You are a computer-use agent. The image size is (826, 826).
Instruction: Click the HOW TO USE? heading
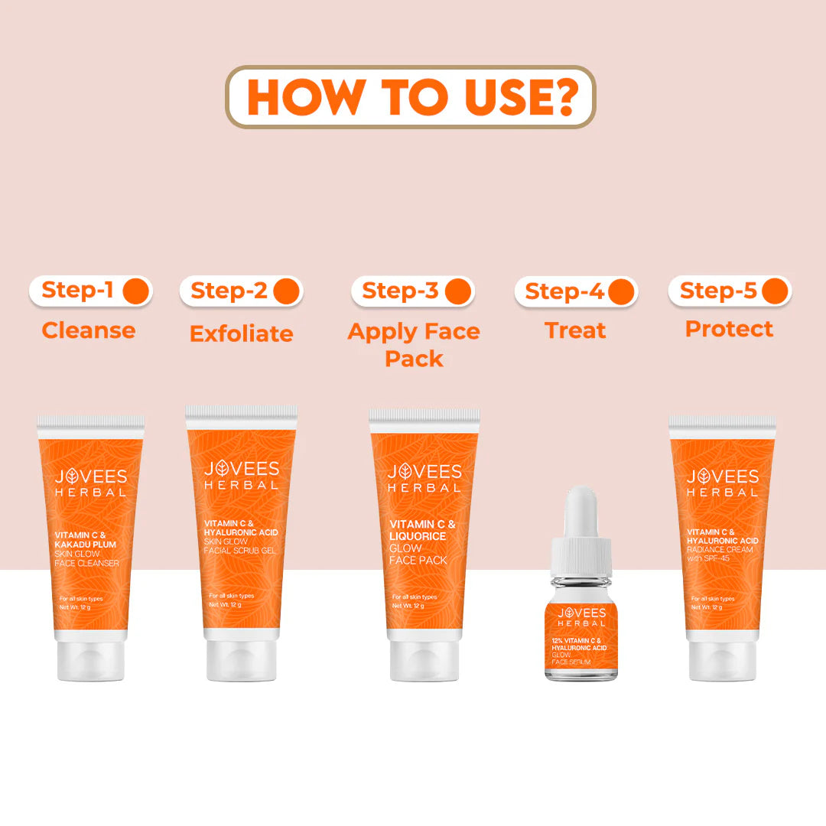(x=411, y=97)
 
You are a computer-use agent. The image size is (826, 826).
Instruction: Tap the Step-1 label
(x=77, y=291)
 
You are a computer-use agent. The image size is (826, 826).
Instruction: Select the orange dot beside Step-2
(x=286, y=291)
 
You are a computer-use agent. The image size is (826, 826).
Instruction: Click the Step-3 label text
(x=400, y=291)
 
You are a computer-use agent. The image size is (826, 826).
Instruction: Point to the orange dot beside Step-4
(x=621, y=292)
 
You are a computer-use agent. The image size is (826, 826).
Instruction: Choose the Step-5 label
(x=718, y=291)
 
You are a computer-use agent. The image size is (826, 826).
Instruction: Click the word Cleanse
(x=89, y=330)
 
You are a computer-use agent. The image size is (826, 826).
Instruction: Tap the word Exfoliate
(x=242, y=333)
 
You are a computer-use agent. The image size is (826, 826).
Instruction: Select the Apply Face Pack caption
(x=414, y=345)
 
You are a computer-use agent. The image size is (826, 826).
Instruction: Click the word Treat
(x=575, y=330)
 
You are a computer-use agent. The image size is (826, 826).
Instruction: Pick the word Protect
(x=729, y=329)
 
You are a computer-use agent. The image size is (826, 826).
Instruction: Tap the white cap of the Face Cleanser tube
(x=91, y=659)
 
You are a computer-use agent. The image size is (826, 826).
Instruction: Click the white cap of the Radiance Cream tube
(x=722, y=659)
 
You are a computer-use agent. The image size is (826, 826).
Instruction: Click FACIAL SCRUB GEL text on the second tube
(x=239, y=551)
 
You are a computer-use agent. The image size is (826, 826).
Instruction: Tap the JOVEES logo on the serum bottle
(x=582, y=613)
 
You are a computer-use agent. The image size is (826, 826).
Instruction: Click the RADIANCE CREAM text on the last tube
(x=720, y=549)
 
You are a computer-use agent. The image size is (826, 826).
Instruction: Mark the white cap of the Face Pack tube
(x=424, y=659)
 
